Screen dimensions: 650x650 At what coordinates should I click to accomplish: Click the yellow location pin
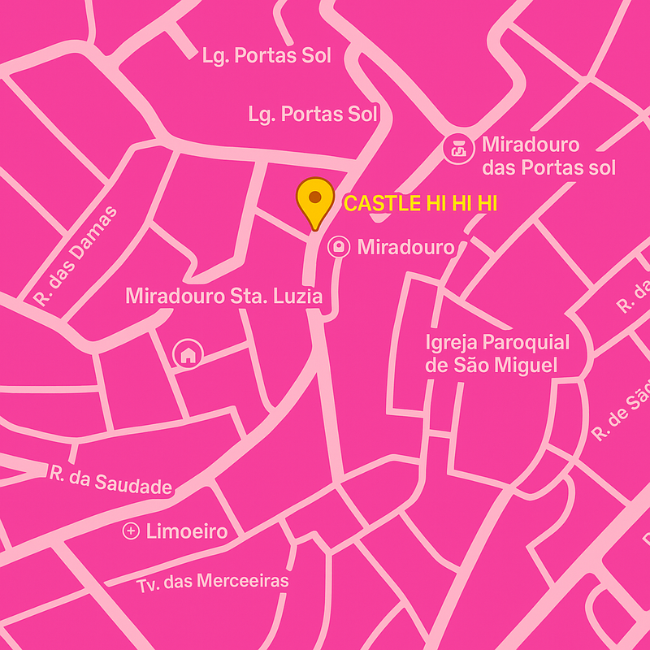tap(314, 202)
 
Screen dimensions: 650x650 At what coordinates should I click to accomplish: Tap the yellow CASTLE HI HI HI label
tap(420, 204)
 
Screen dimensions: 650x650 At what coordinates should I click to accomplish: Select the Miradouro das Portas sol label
tap(548, 157)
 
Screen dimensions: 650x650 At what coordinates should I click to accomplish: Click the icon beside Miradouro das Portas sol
tap(458, 149)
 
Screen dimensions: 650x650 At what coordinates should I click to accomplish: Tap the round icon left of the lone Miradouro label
tap(339, 247)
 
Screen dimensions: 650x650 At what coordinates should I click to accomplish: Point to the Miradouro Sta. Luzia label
tap(223, 296)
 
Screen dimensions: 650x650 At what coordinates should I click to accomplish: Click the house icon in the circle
tap(188, 353)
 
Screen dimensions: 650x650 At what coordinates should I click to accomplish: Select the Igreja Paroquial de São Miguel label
tap(497, 353)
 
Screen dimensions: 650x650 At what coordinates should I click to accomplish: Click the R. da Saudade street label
tap(110, 479)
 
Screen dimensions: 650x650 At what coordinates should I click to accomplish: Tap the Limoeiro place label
tap(186, 532)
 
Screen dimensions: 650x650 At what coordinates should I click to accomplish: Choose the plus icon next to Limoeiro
tap(130, 531)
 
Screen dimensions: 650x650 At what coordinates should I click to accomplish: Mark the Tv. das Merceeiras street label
tap(212, 582)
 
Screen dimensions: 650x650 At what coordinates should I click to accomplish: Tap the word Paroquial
tap(526, 342)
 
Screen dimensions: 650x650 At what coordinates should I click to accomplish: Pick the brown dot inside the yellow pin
tap(314, 196)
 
